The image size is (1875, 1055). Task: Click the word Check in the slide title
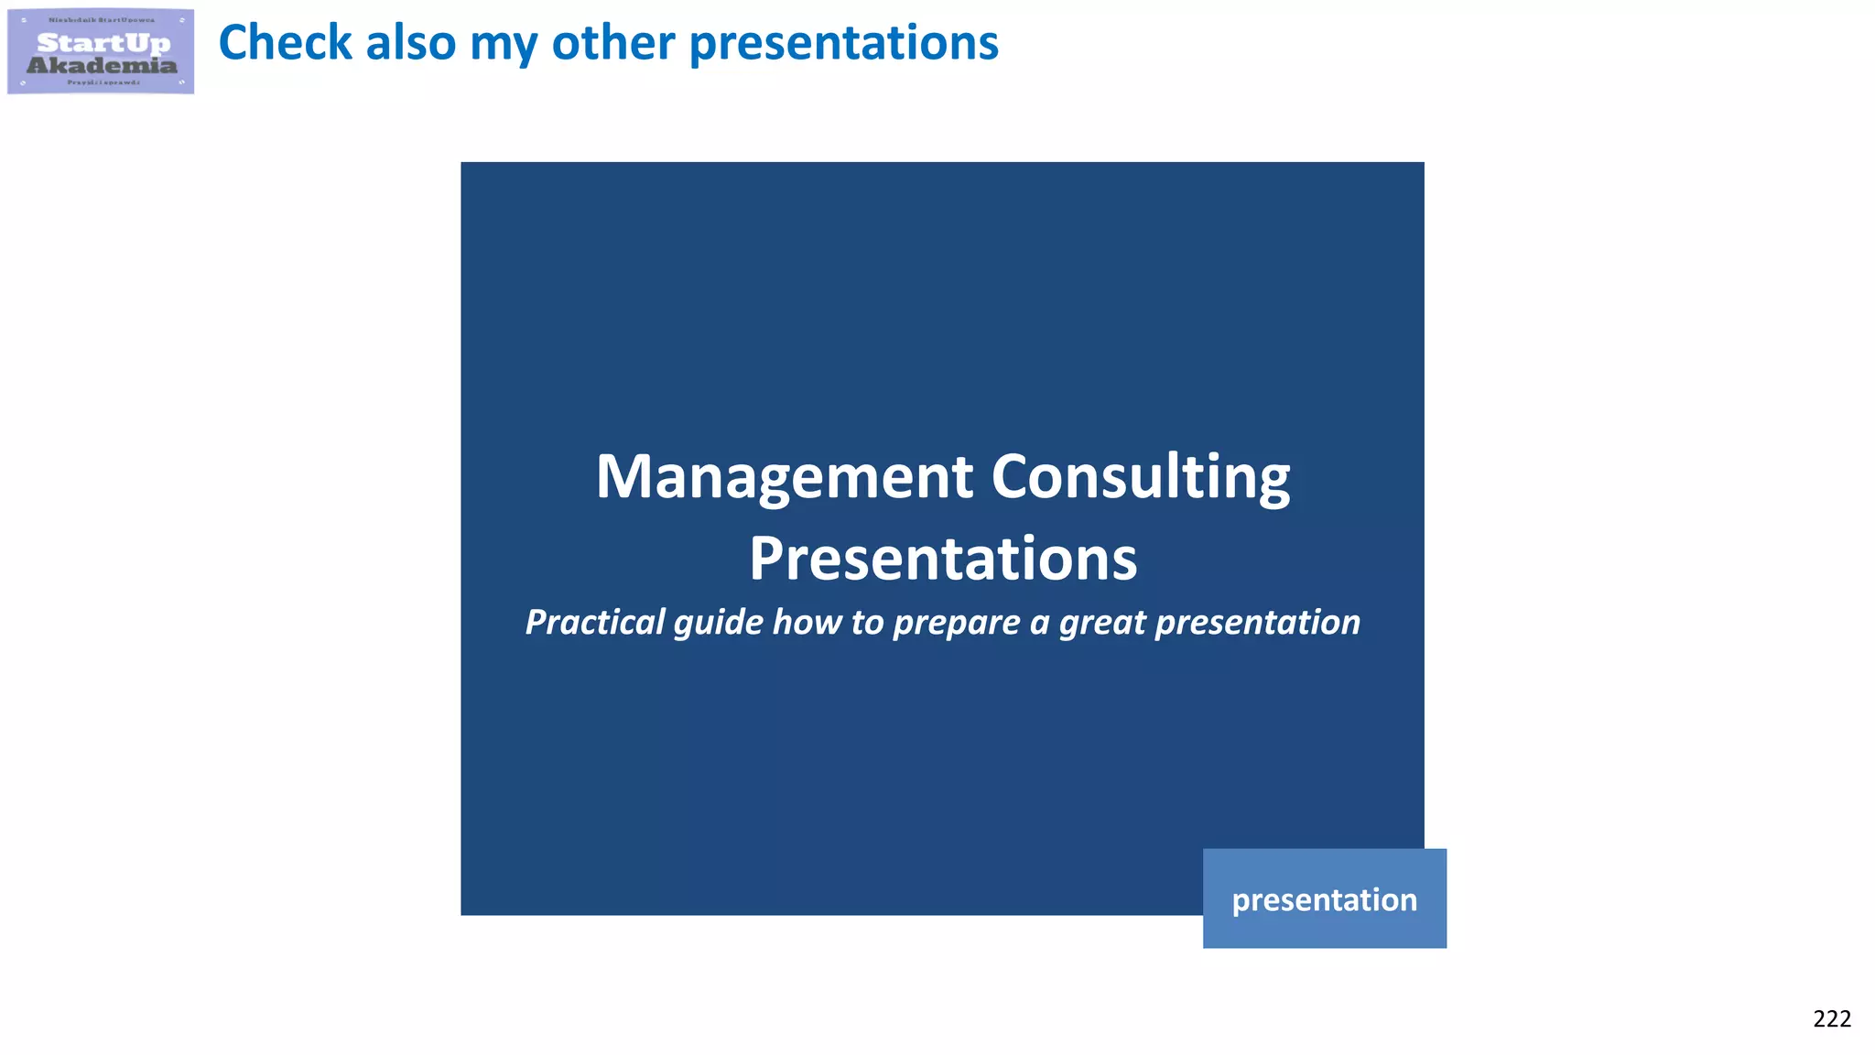coord(285,43)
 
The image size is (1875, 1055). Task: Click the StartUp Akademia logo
coord(101,52)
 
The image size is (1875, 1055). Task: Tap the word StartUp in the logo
coord(103,43)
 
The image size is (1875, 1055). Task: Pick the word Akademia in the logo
coord(102,65)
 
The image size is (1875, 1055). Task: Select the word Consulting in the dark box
coord(1140,478)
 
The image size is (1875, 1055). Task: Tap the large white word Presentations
coord(943,559)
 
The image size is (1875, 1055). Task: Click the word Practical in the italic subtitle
coord(595,623)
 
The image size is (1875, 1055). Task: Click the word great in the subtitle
coord(1102,623)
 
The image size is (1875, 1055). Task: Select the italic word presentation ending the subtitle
coord(1258,623)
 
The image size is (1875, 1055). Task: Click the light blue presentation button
coord(1324,898)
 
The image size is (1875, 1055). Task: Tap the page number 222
coord(1831,1019)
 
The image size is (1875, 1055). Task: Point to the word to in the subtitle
coord(866,623)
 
